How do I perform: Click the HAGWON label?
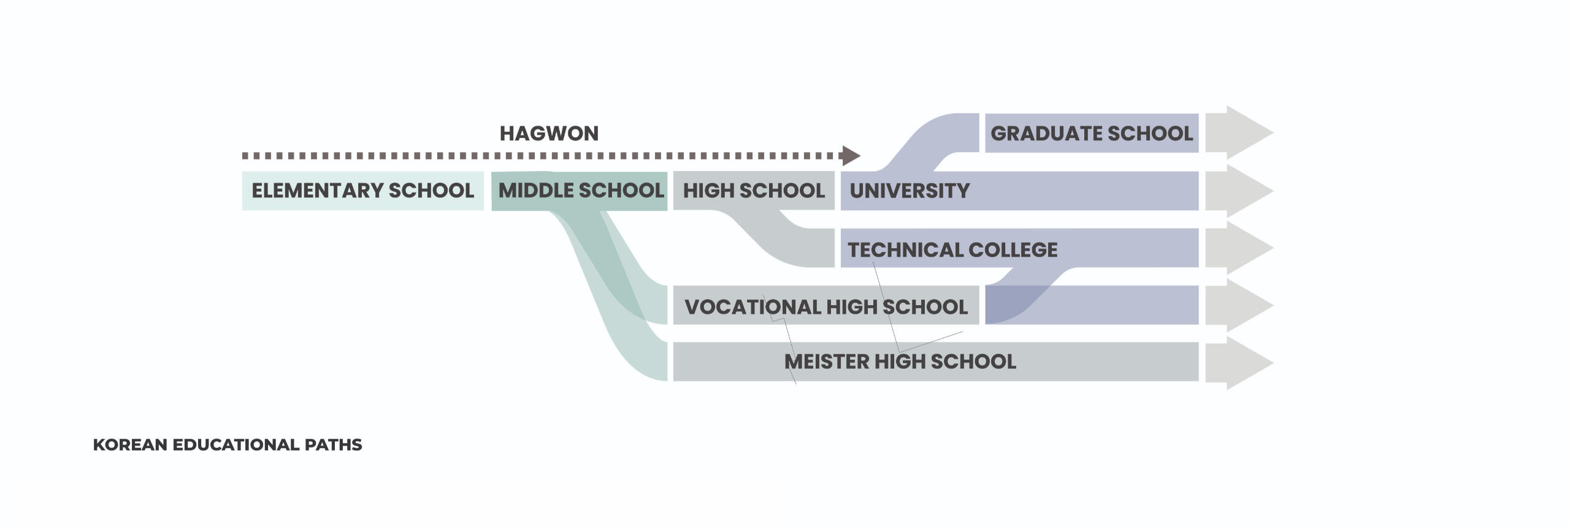549,134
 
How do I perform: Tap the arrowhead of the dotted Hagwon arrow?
851,156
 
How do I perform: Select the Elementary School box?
362,191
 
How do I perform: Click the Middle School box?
580,191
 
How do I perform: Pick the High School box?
754,191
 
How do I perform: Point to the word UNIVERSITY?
909,191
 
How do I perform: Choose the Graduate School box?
1092,133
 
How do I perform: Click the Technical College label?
952,250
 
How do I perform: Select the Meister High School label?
900,362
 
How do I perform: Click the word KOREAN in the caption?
130,445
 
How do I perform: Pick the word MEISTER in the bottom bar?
827,362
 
